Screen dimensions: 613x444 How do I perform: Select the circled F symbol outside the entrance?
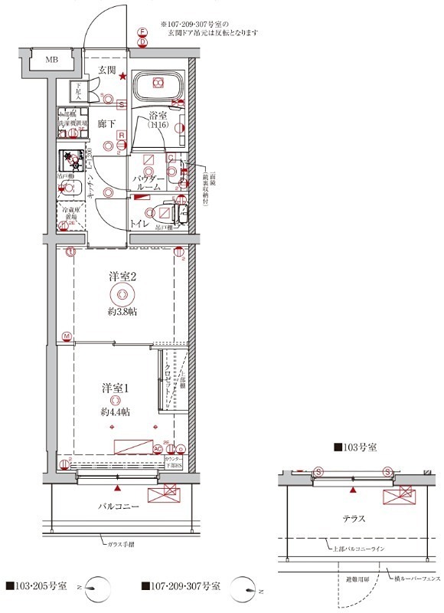142,32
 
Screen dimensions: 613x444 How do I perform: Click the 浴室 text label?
158,116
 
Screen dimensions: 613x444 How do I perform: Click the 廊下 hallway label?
106,123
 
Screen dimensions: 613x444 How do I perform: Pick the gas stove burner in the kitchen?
73,162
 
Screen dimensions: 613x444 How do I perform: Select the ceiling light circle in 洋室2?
121,296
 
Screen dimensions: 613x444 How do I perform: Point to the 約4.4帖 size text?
114,411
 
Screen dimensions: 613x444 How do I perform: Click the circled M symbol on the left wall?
67,336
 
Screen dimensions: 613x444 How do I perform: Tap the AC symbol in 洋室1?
158,449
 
